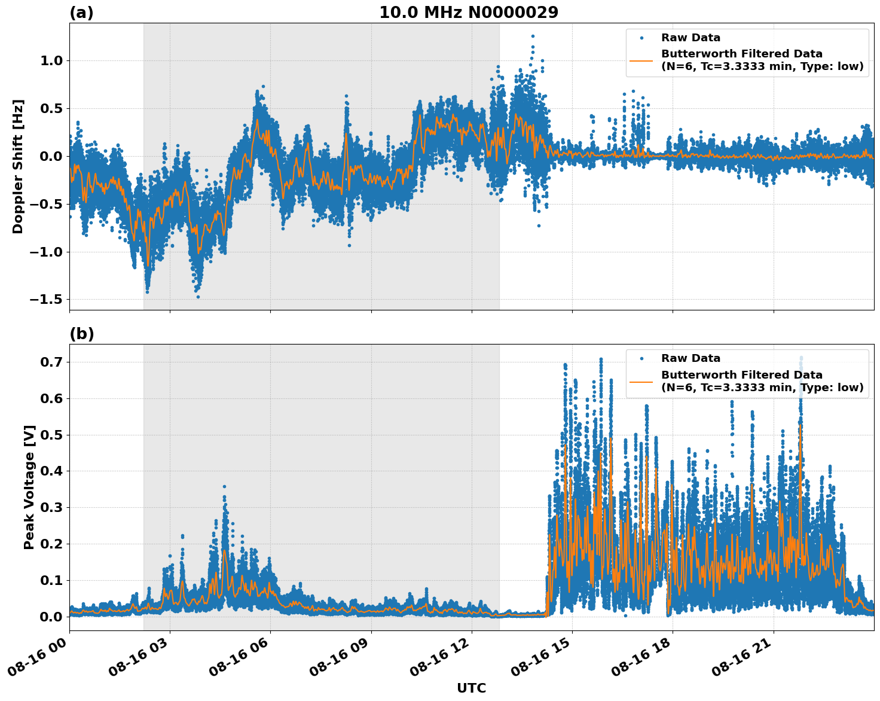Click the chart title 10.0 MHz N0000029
[469, 13]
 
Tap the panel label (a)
[81, 13]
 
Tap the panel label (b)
[81, 334]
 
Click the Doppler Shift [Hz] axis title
[18, 166]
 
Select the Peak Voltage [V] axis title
[29, 487]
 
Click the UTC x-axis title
[471, 688]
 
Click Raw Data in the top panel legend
[690, 38]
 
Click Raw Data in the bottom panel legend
[690, 358]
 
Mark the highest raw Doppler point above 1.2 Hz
[533, 36]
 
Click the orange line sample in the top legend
[641, 60]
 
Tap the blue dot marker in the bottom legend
[641, 358]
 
